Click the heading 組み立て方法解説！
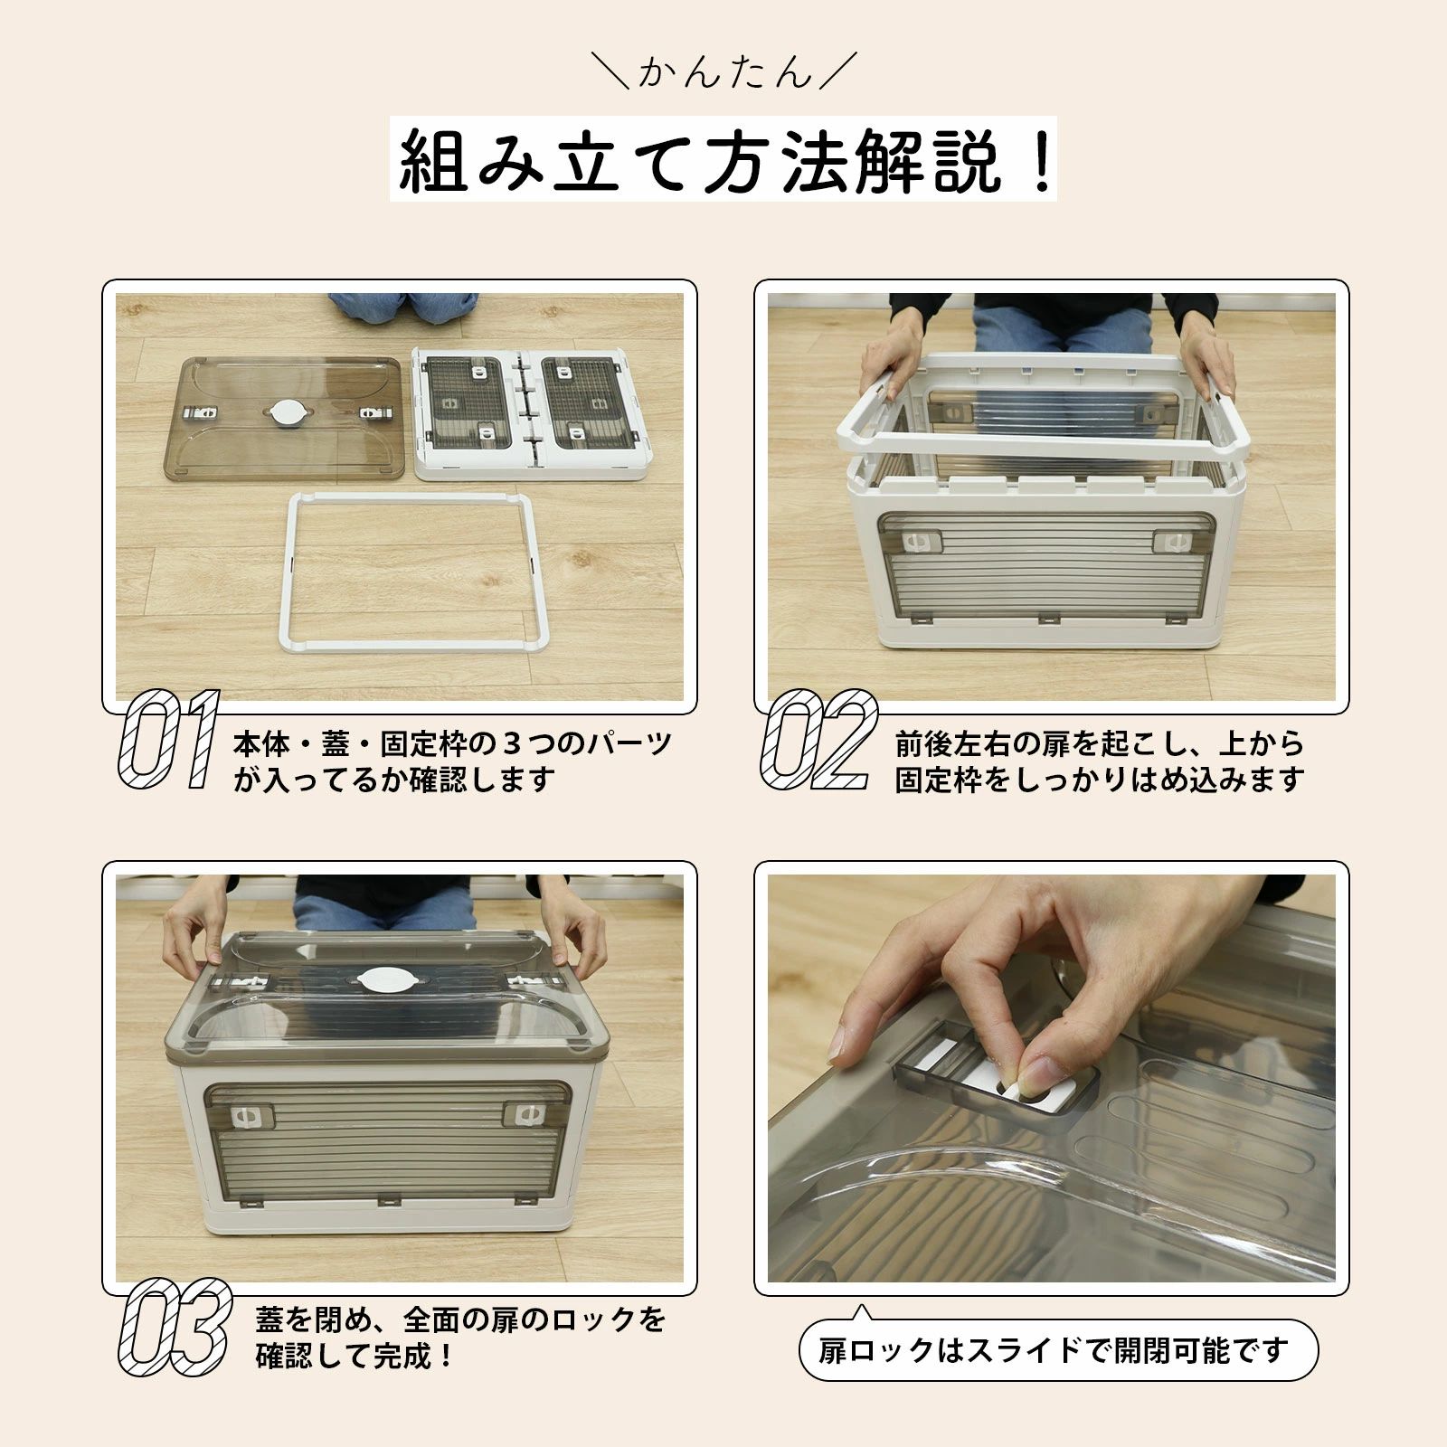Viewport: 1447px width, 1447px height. click(723, 160)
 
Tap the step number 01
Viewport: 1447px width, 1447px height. click(169, 740)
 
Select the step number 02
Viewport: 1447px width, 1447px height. click(818, 740)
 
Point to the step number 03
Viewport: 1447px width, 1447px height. click(174, 1327)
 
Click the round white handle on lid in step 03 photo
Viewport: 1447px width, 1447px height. click(384, 979)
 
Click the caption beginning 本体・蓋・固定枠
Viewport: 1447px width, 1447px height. click(452, 761)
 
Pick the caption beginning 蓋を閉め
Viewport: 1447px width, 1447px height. click(460, 1338)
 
